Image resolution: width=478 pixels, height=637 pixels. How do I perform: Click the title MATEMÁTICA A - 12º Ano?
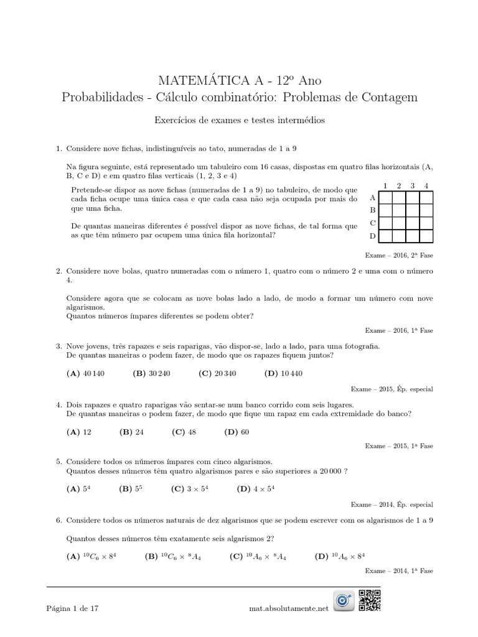pos(240,80)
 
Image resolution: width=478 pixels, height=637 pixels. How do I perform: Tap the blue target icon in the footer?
pos(344,600)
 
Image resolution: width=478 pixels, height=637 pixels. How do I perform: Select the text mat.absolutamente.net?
pos(287,609)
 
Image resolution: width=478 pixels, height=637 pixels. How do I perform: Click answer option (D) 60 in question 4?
pos(236,432)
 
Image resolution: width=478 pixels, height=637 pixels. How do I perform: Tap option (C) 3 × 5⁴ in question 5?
pos(189,489)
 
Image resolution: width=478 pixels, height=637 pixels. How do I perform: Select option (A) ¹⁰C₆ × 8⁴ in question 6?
pos(95,556)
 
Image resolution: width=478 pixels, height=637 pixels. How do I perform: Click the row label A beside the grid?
pos(373,197)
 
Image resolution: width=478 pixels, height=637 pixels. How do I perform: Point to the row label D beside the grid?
pos(373,236)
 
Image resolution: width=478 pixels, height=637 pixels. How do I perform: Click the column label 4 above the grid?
pos(426,185)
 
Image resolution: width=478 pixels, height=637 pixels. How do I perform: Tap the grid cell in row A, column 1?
pos(386,197)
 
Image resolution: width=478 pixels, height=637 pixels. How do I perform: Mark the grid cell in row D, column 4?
pos(426,236)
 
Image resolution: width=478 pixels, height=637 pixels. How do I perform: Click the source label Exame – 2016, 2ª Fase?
pos(398,254)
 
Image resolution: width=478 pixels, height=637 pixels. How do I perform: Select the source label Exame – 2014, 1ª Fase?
pos(398,570)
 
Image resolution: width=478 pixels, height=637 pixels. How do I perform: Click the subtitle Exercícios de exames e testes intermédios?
pos(240,121)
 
